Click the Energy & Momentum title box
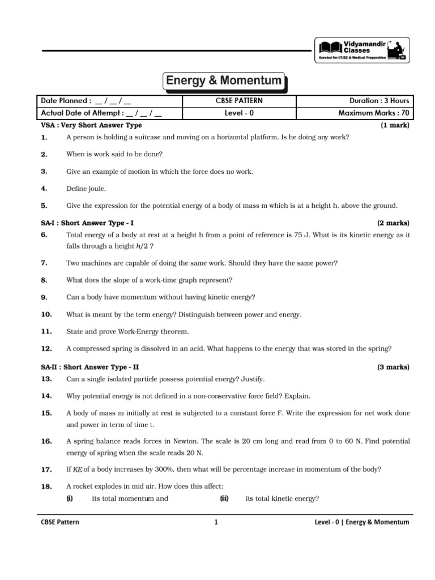pyautogui.click(x=224, y=81)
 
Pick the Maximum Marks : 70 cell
pyautogui.click(x=374, y=113)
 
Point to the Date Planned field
pyautogui.click(x=86, y=101)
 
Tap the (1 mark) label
pyautogui.click(x=395, y=125)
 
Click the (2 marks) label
pyautogui.click(x=393, y=223)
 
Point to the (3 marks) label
pyautogui.click(x=393, y=367)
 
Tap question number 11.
pyautogui.click(x=46, y=331)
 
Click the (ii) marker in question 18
pyautogui.click(x=224, y=498)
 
